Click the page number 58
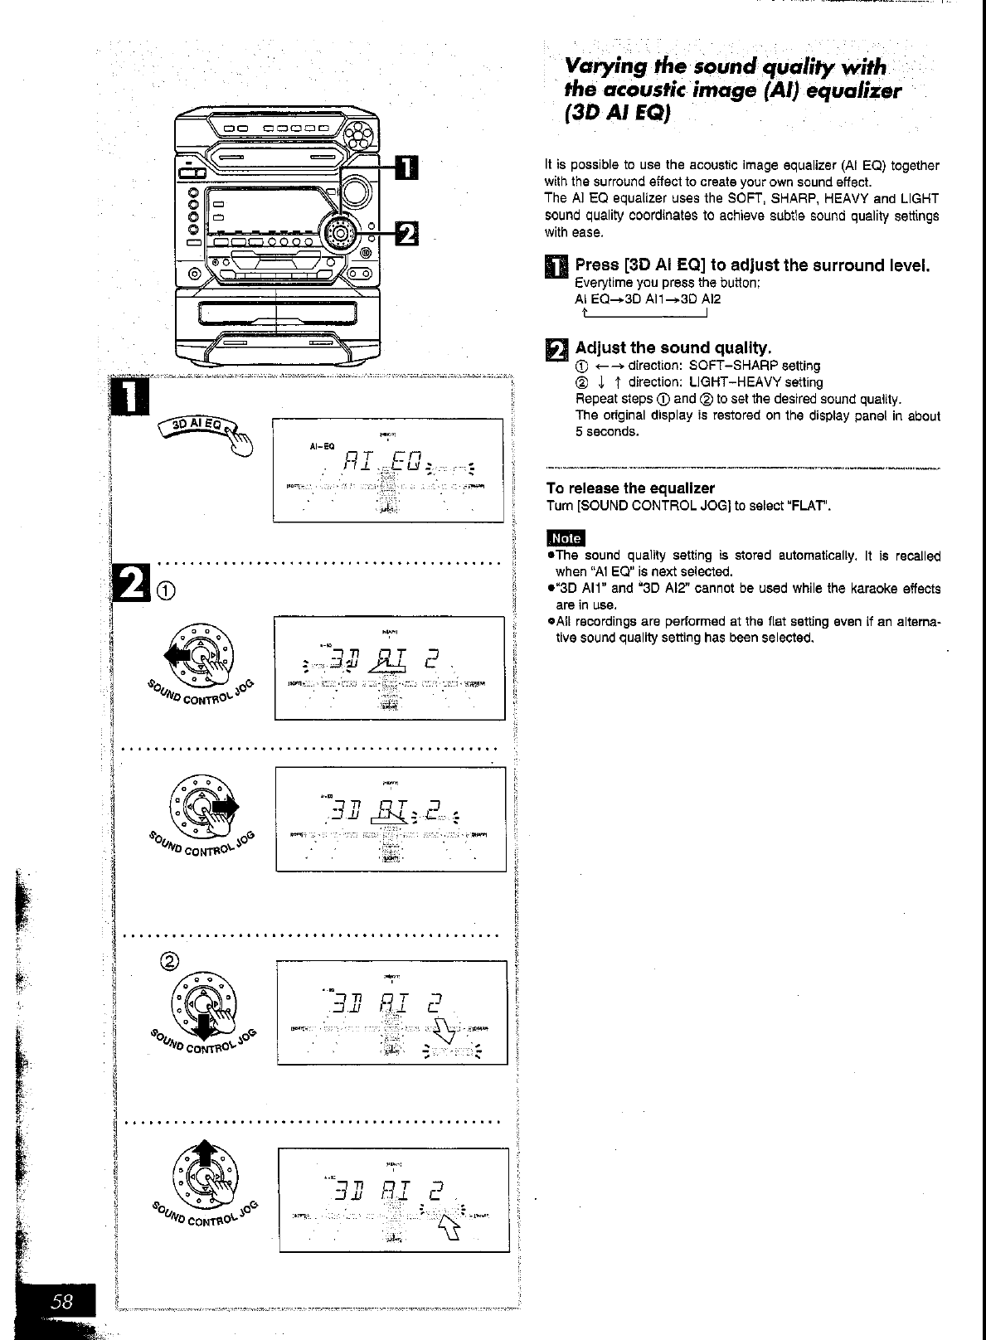(x=62, y=1302)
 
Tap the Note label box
(x=566, y=538)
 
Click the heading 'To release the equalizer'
(x=630, y=488)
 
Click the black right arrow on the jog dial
(x=226, y=806)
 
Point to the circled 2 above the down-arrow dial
(x=169, y=961)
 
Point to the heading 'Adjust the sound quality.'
(x=673, y=347)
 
